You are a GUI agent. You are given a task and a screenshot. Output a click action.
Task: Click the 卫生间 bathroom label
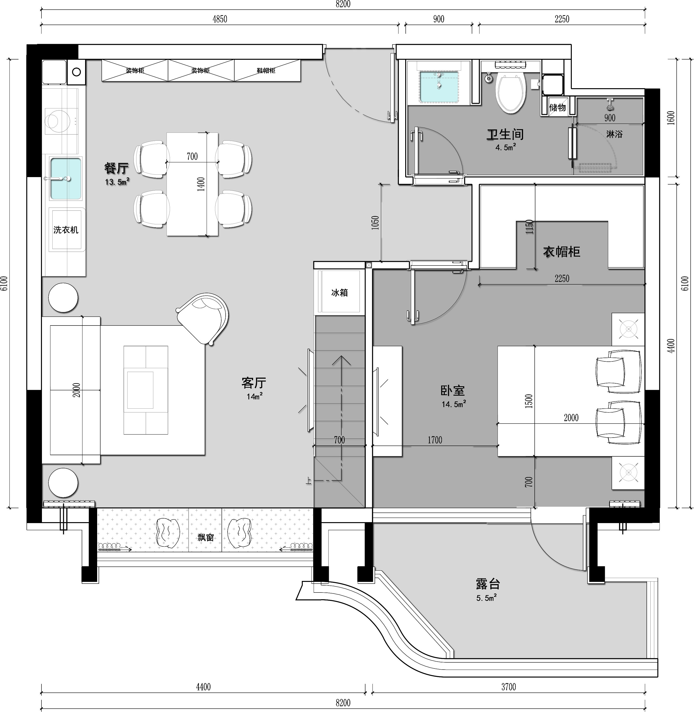point(505,134)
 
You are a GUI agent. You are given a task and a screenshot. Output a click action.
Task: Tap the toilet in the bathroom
point(511,93)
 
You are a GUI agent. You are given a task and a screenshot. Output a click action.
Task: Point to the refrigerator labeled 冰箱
point(340,292)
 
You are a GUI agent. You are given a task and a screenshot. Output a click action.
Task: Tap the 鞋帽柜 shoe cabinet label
point(266,71)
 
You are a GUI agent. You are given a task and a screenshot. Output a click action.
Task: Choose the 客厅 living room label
point(254,383)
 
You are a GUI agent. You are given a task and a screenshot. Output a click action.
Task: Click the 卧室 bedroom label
point(452,391)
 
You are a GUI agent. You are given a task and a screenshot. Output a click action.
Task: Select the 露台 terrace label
point(488,584)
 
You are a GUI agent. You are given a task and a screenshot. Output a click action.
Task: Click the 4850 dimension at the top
point(220,19)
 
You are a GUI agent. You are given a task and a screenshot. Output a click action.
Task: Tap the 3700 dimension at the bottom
point(508,687)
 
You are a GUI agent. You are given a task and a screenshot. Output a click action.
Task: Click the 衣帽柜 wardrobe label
point(561,251)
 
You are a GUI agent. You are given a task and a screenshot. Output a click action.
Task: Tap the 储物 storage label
point(557,107)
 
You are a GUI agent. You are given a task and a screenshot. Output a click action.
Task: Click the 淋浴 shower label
point(614,134)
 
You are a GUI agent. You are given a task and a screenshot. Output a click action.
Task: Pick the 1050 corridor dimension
point(375,223)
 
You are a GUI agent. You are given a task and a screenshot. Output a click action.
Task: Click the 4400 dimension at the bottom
point(203,687)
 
